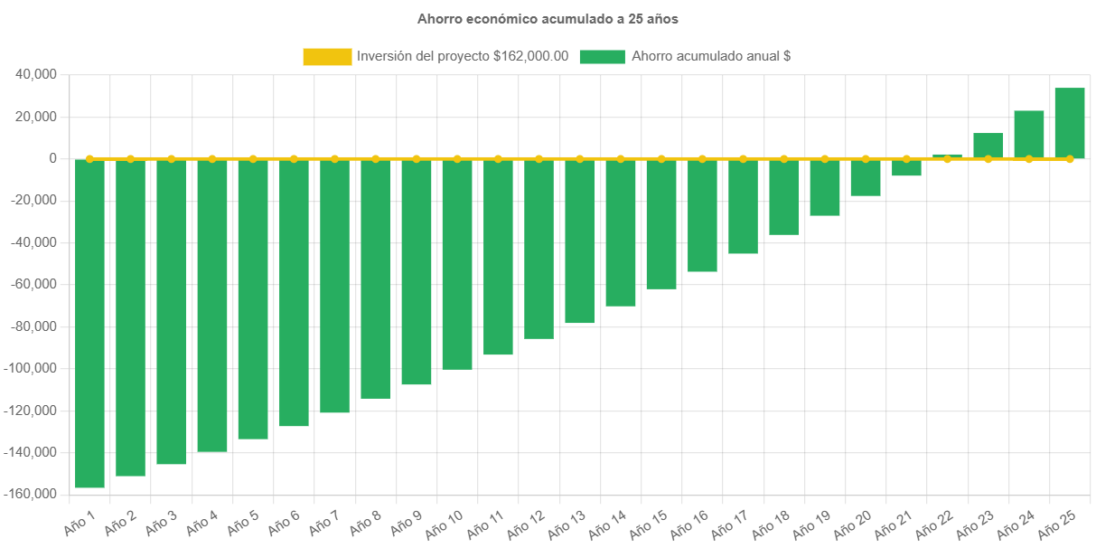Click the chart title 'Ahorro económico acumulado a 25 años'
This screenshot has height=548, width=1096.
point(548,18)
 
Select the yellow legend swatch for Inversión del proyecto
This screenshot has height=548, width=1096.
point(327,57)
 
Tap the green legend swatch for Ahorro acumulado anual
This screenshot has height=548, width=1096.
point(602,57)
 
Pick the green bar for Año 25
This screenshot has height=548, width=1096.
point(1069,123)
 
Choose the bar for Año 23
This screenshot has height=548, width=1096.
point(988,146)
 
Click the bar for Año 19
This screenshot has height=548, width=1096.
point(824,187)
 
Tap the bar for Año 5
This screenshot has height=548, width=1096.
point(253,298)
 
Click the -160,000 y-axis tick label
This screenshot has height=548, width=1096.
point(31,494)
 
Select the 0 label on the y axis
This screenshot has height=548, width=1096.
point(53,158)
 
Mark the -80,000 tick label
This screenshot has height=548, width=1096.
point(33,326)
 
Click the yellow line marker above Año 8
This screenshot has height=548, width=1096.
point(376,158)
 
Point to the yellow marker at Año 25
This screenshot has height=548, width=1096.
point(1069,158)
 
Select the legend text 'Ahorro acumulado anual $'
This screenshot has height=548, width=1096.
point(711,57)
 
